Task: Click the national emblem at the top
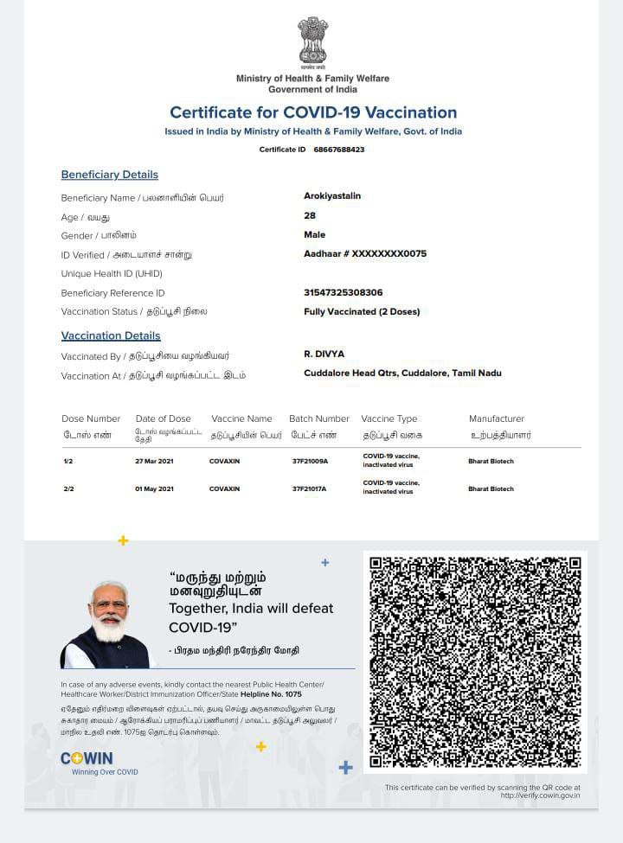(312, 42)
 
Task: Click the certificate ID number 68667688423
(339, 150)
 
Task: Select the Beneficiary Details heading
(109, 175)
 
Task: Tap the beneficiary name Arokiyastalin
(332, 197)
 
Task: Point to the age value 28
(310, 216)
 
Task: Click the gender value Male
(315, 235)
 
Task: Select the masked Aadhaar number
(365, 254)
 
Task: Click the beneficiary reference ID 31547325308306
(343, 293)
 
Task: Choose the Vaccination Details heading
(111, 335)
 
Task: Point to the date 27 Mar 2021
(154, 462)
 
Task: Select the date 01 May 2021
(154, 489)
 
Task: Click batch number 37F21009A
(310, 462)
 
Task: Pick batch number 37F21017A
(310, 489)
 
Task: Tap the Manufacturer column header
(497, 419)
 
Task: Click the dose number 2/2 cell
(68, 489)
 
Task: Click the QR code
(475, 662)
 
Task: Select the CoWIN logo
(87, 759)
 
